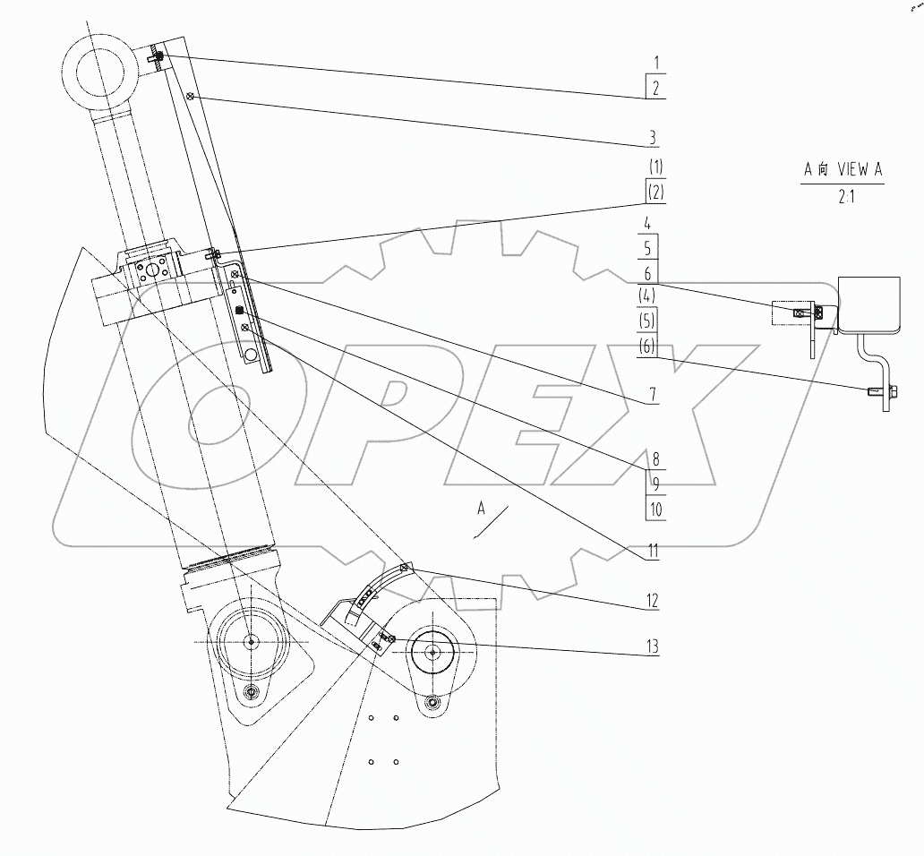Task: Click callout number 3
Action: tap(653, 137)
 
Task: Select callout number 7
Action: tap(653, 394)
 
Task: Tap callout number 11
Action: tap(654, 551)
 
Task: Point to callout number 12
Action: tap(654, 601)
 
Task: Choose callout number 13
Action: tap(654, 646)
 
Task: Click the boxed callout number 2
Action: tap(655, 88)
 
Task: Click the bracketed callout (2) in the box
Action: tap(655, 192)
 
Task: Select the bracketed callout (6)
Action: tap(653, 346)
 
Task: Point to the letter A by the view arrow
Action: tap(481, 509)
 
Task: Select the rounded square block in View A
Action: tap(868, 304)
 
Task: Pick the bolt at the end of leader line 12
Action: tap(405, 567)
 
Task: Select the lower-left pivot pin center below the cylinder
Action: tap(250, 641)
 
